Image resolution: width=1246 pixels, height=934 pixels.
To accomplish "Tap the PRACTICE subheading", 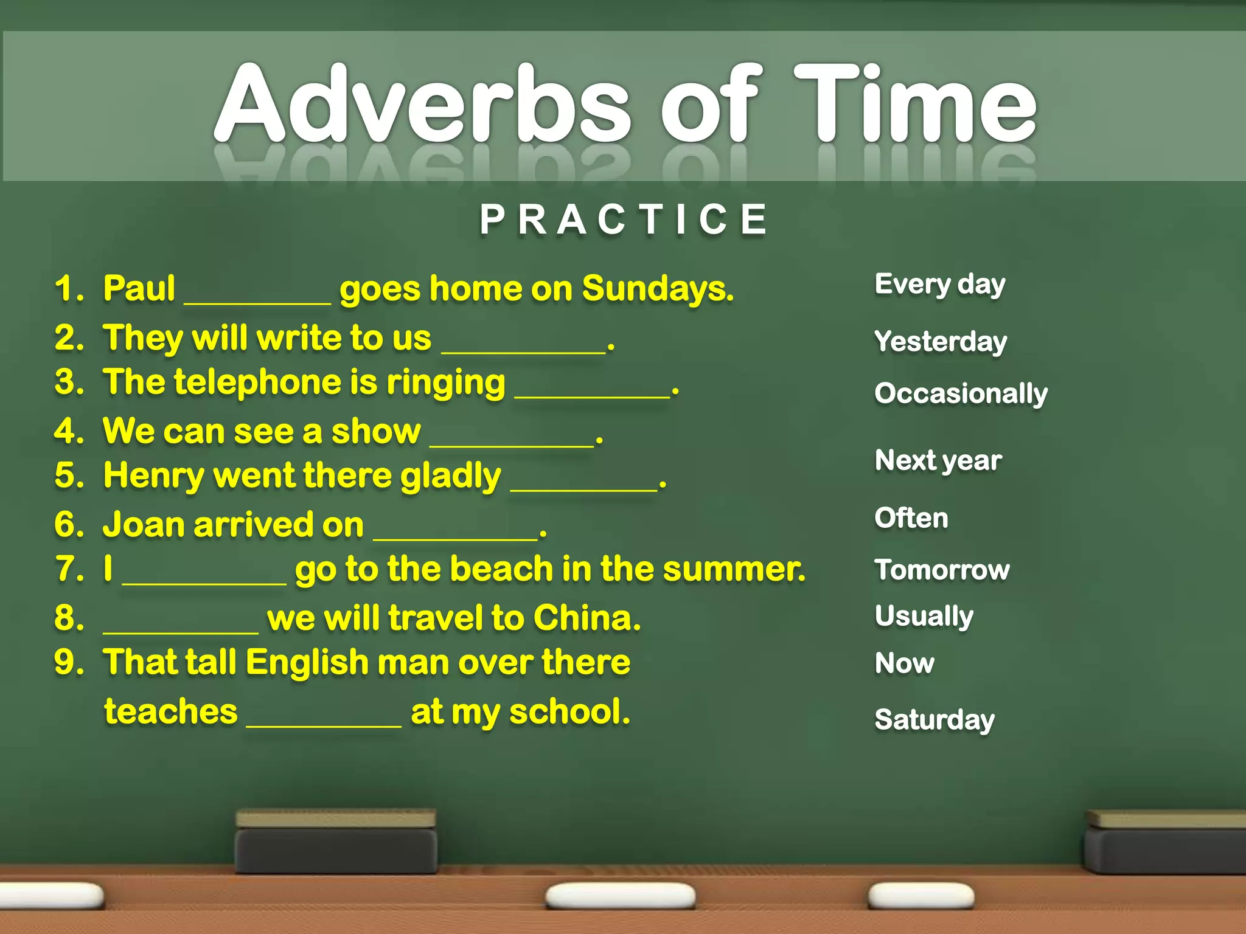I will pyautogui.click(x=623, y=220).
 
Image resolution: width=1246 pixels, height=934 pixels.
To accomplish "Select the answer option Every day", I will pyautogui.click(x=939, y=285).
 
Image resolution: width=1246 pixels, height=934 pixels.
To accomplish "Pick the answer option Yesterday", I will pyautogui.click(x=941, y=342).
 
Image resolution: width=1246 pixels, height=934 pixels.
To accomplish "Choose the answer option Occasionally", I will pyautogui.click(x=961, y=394).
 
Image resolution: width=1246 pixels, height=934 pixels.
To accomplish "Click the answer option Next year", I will pyautogui.click(x=938, y=461).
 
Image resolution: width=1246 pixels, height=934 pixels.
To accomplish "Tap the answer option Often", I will pyautogui.click(x=911, y=518).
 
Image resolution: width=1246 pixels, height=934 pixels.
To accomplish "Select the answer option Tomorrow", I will pyautogui.click(x=942, y=570).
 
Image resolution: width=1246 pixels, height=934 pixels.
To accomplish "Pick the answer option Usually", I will pyautogui.click(x=924, y=617).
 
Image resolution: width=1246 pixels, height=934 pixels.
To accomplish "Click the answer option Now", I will pyautogui.click(x=904, y=663).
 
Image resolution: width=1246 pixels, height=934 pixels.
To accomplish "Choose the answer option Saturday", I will pyautogui.click(x=934, y=720).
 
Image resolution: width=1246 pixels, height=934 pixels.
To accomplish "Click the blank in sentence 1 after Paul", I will pyautogui.click(x=257, y=298).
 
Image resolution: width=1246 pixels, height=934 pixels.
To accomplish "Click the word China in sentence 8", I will pyautogui.click(x=586, y=618).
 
